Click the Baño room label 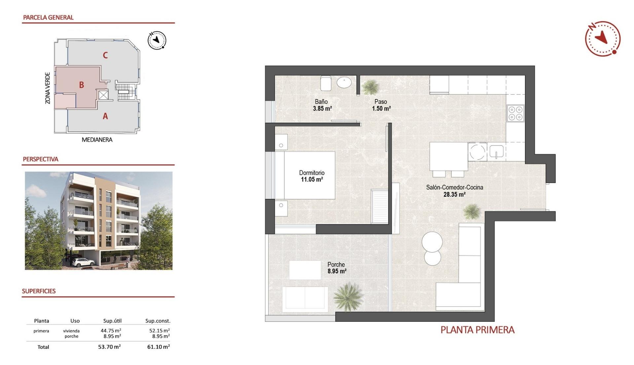[321, 102]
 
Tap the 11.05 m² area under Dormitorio [311, 180]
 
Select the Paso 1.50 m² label [381, 105]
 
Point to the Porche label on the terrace [336, 264]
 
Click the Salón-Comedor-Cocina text [454, 187]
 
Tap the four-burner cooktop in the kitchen [515, 113]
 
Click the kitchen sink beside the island [496, 152]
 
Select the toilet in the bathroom [326, 83]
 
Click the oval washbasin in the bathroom [344, 82]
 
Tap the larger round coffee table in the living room [432, 242]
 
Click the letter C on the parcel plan [105, 55]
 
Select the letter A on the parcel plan [105, 116]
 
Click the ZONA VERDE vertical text [48, 88]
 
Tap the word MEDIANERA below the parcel [97, 140]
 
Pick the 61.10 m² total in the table [158, 347]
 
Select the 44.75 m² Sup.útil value [111, 330]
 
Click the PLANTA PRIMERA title [477, 330]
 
